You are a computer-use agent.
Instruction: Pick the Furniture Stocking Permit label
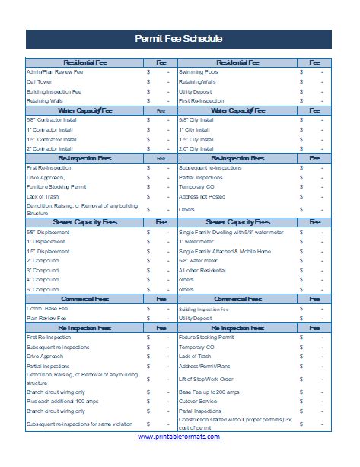[x=56, y=186]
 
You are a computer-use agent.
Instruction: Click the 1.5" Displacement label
[x=48, y=251]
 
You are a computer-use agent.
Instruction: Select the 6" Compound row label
[x=43, y=290]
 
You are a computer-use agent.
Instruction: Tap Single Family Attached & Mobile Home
[x=224, y=251]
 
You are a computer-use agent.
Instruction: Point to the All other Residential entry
[x=202, y=270]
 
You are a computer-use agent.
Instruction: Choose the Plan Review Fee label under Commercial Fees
[x=46, y=319]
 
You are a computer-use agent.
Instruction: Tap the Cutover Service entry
[x=199, y=400]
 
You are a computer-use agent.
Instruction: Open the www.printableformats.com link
[x=180, y=437]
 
